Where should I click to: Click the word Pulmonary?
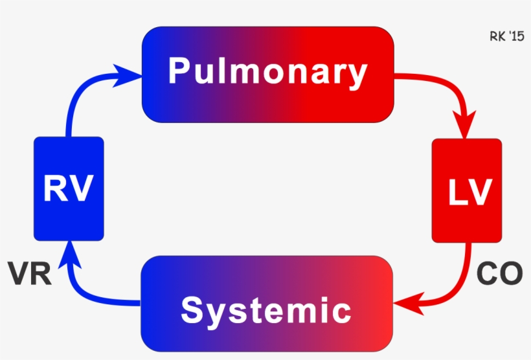pos(267,72)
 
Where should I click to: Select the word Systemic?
pos(266,310)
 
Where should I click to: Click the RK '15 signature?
pos(506,37)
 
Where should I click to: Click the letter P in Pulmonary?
pos(179,72)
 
